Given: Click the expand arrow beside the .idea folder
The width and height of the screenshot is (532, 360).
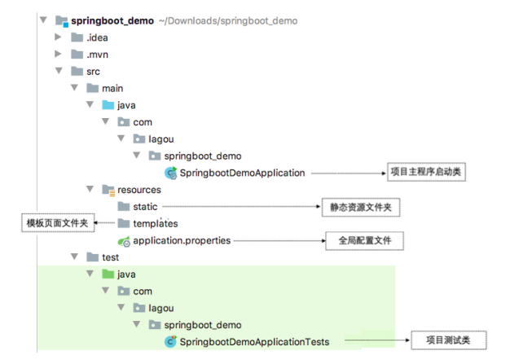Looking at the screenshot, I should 58,37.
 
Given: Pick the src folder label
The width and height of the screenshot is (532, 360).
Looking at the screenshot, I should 93,72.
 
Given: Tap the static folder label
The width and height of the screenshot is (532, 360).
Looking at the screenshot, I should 146,207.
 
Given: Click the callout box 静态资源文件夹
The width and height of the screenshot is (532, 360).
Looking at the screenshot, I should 360,208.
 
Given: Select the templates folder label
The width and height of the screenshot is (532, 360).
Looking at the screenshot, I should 156,223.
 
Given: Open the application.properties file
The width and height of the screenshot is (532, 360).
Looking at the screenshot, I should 182,240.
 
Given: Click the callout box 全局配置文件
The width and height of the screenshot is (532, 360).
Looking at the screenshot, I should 360,241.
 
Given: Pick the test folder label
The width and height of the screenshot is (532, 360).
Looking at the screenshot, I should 110,257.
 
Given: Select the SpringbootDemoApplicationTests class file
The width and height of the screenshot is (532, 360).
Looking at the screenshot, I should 254,342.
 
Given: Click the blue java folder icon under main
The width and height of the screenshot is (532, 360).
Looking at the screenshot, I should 108,105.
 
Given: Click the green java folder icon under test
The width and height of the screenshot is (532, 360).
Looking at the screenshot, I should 108,274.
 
